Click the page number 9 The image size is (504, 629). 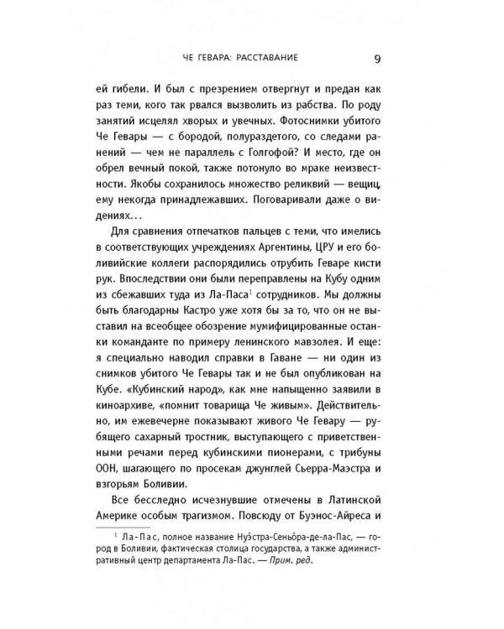(x=379, y=59)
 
